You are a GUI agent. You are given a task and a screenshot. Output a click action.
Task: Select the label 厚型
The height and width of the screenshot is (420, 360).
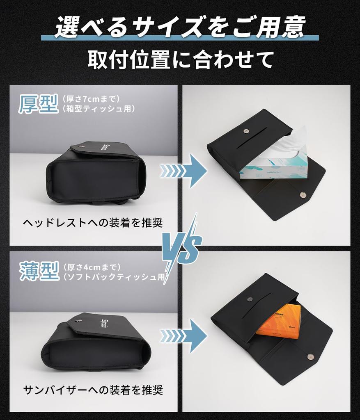click(38, 104)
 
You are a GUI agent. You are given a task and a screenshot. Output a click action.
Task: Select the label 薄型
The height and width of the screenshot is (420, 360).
click(39, 272)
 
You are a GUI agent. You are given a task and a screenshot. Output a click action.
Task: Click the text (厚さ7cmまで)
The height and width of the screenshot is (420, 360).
click(91, 99)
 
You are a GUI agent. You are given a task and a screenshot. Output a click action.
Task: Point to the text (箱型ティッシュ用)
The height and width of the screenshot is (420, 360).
click(99, 109)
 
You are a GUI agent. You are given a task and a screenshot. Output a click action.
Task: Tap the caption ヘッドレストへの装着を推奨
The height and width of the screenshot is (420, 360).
click(93, 223)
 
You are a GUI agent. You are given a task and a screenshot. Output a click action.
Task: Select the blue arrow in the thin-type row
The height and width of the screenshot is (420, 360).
click(183, 336)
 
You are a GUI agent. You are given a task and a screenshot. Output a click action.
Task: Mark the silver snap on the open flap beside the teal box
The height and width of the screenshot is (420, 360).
click(303, 196)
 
